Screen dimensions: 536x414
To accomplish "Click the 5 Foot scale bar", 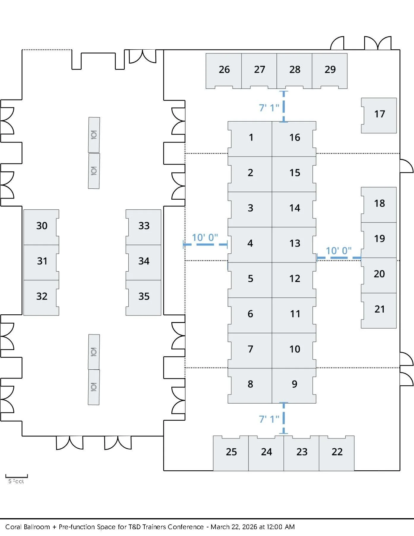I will pos(16,476).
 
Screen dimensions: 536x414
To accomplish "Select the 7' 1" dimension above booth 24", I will pos(269,419).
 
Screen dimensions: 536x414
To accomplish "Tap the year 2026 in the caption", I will pos(249,527).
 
